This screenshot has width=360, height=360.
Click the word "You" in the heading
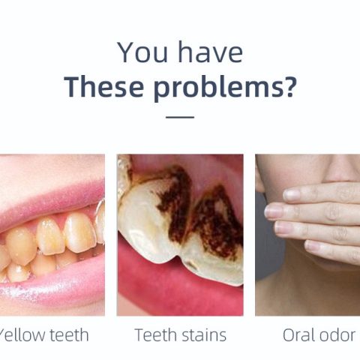click(142, 52)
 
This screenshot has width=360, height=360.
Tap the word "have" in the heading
click(210, 52)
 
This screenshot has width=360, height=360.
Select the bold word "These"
click(104, 86)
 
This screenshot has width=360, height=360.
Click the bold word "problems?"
click(225, 88)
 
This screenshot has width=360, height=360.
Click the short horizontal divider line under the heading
click(180, 117)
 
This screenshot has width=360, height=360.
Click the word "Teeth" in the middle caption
click(155, 335)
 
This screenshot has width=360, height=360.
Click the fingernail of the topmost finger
click(292, 195)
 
